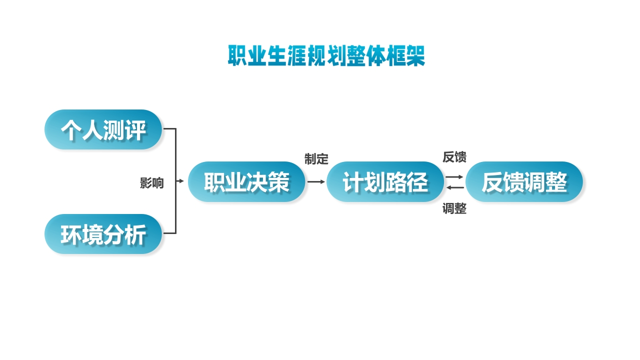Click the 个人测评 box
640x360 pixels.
pyautogui.click(x=103, y=129)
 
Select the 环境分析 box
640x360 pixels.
pyautogui.click(x=103, y=234)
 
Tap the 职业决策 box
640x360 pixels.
pyautogui.click(x=246, y=182)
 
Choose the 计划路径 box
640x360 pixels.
pyautogui.click(x=385, y=182)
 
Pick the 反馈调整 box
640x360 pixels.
pyautogui.click(x=524, y=182)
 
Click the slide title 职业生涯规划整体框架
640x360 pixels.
pyautogui.click(x=326, y=56)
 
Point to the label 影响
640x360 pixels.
pyautogui.click(x=151, y=183)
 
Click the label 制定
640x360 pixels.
pyautogui.click(x=316, y=159)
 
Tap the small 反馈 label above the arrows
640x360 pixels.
pyautogui.click(x=454, y=157)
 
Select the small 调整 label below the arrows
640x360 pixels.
pyautogui.click(x=454, y=209)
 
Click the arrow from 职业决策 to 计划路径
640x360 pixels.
pyautogui.click(x=316, y=182)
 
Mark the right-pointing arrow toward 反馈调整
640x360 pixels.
pyautogui.click(x=454, y=177)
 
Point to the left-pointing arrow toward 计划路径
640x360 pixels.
pyautogui.click(x=454, y=187)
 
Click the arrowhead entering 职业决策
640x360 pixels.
pyautogui.click(x=181, y=181)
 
